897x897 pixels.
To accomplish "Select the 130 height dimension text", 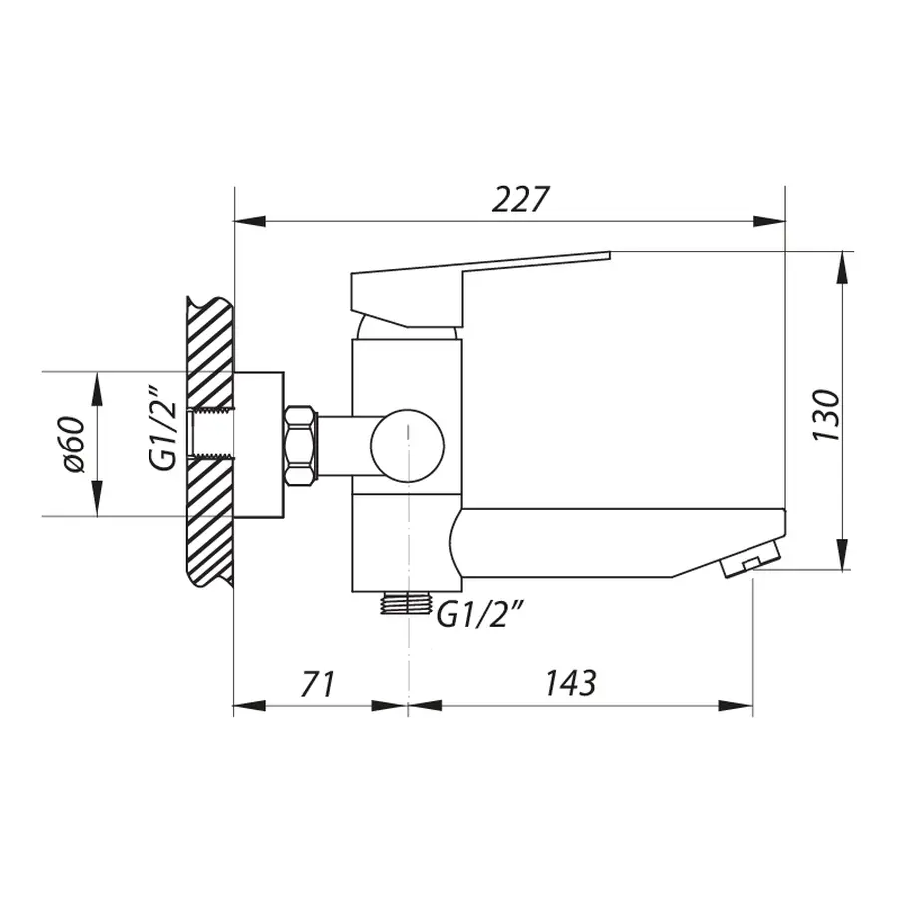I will click(826, 415).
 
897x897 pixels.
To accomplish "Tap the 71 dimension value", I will click(316, 684).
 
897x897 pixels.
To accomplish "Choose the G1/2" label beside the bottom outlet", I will click(480, 618).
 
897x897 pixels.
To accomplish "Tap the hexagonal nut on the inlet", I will click(301, 445).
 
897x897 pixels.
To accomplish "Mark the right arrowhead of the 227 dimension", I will click(771, 220).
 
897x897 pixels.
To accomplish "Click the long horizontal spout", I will click(608, 538).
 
